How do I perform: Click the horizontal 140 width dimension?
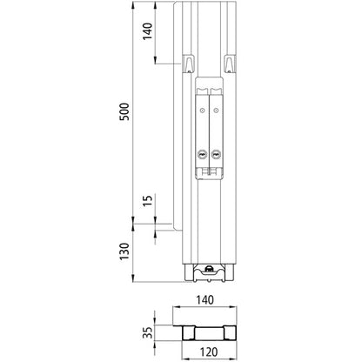[x=204, y=298]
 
